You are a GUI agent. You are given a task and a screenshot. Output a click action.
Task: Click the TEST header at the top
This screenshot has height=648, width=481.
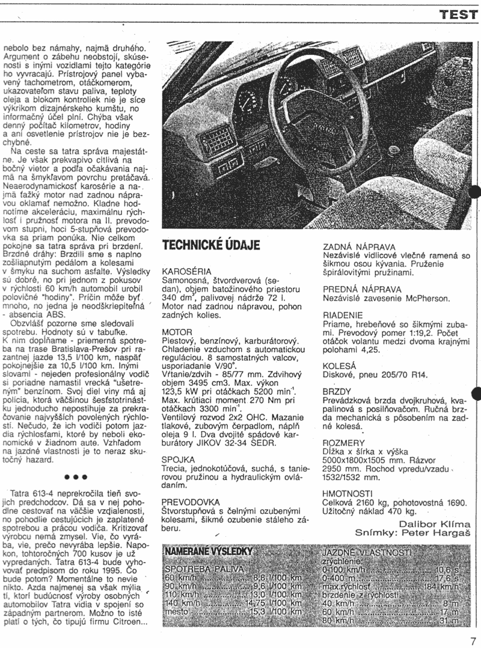tap(458, 15)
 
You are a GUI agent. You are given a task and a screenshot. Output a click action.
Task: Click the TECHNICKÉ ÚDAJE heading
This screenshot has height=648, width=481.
tap(211, 245)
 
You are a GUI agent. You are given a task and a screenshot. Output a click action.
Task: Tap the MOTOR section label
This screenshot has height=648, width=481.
tap(177, 331)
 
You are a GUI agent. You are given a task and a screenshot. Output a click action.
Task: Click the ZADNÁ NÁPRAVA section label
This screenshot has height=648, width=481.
tap(359, 246)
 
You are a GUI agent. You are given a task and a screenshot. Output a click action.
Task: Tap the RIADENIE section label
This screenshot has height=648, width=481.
tap(343, 314)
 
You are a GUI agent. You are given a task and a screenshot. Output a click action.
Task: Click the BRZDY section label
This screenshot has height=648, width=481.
tap(338, 391)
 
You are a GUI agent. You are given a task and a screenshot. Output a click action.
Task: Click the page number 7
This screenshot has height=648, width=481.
tap(473, 640)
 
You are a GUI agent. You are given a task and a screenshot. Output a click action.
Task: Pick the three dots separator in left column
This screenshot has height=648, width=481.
tap(76, 477)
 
